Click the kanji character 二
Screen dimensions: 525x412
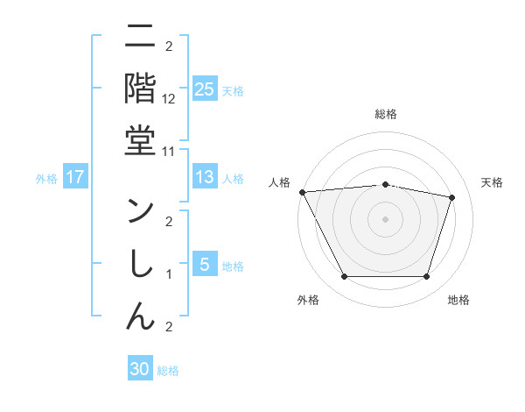tap(141, 38)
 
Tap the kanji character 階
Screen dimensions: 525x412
tap(141, 89)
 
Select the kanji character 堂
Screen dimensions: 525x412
tap(141, 141)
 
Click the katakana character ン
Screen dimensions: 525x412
tap(141, 213)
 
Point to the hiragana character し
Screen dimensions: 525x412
tap(141, 265)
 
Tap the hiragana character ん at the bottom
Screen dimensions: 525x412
tap(141, 317)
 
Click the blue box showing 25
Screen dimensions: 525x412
tap(204, 89)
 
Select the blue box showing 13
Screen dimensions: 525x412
tap(204, 177)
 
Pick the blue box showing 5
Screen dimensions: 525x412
tap(204, 266)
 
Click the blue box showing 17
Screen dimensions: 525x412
tap(75, 177)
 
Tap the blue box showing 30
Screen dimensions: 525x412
tap(140, 370)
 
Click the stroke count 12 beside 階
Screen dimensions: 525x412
tap(169, 99)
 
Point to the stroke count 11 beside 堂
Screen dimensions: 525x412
tap(169, 151)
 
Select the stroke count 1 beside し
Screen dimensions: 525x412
tap(169, 274)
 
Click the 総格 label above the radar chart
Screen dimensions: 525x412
tap(385, 115)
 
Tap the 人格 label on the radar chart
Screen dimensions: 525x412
tap(279, 182)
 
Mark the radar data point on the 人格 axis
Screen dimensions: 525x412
tap(302, 191)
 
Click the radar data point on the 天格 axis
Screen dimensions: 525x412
tap(452, 197)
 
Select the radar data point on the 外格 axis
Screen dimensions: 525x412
tap(344, 277)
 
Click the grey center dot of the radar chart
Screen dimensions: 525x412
tap(385, 218)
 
